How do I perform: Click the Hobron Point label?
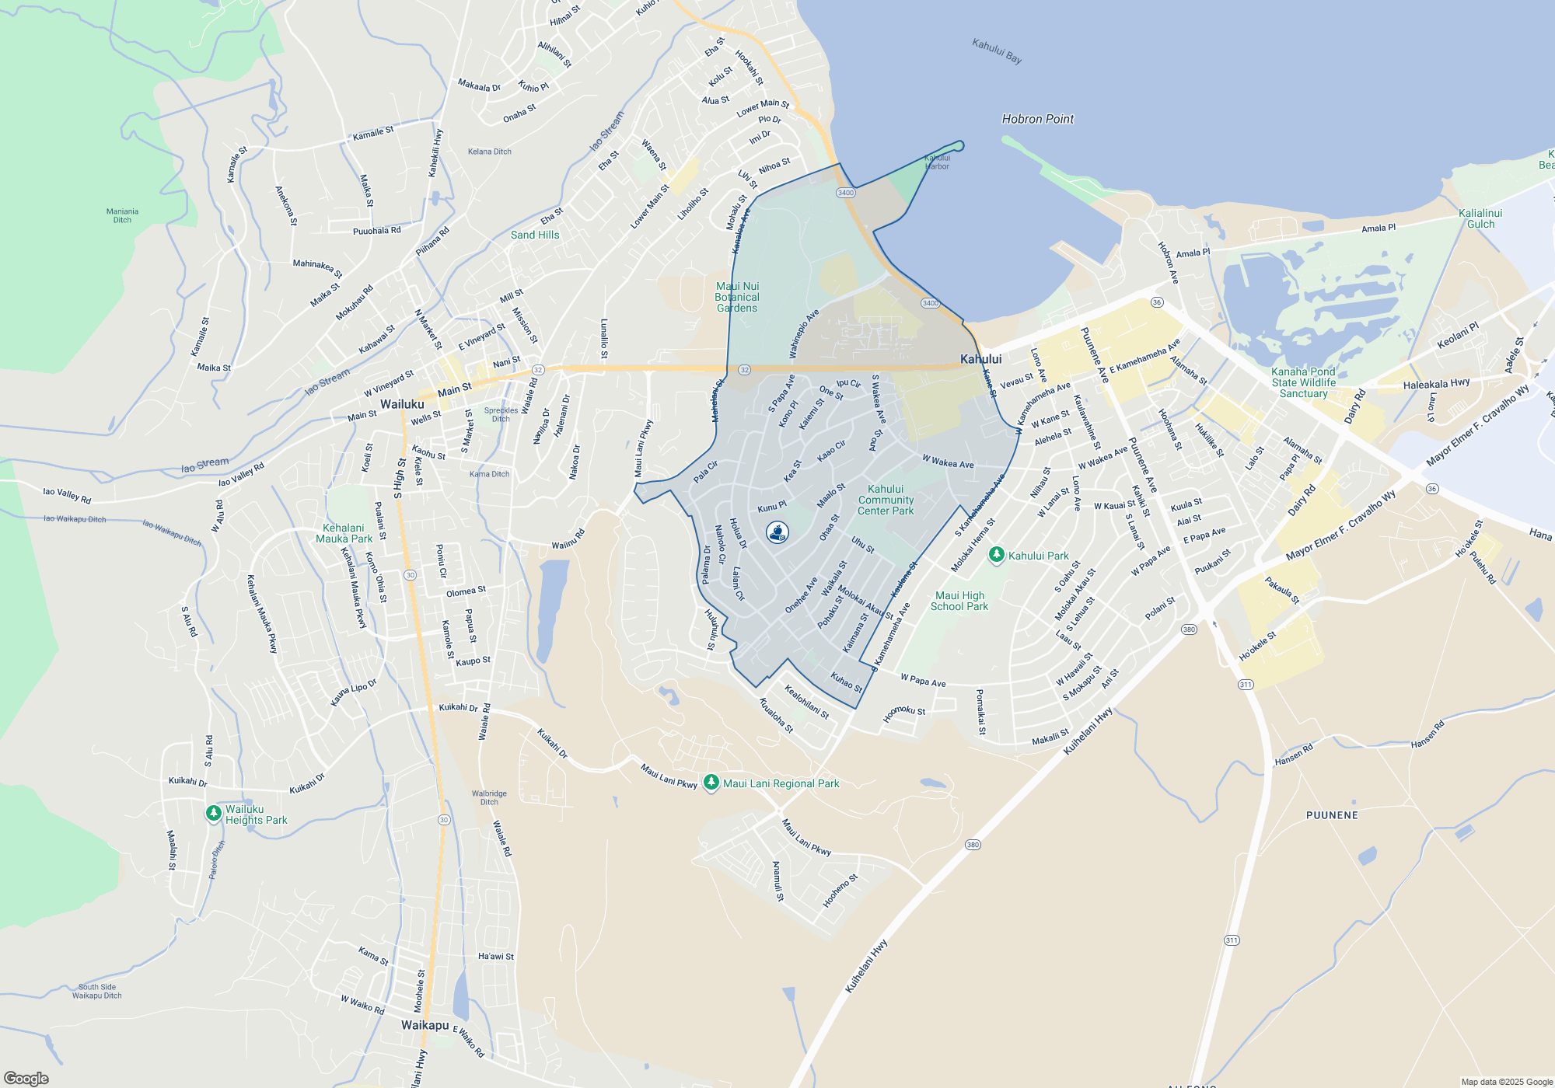point(1037,119)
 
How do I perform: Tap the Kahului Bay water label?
point(997,51)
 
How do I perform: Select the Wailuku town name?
point(402,404)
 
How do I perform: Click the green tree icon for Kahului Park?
point(996,555)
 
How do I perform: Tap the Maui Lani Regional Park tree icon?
point(711,783)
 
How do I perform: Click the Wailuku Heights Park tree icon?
point(213,813)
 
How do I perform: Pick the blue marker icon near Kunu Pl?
point(777,532)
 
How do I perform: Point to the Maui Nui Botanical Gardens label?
point(737,297)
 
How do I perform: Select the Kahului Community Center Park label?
point(886,500)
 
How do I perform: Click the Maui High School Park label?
point(959,601)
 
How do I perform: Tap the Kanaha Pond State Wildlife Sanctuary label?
point(1304,382)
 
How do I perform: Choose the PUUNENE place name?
point(1332,815)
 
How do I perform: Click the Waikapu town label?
point(425,1025)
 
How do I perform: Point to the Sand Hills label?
point(535,235)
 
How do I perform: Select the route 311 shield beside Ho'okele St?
point(1246,684)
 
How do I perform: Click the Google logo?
point(26,1078)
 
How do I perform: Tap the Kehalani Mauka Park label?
point(344,533)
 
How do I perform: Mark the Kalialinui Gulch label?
point(1480,218)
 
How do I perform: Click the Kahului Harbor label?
point(937,162)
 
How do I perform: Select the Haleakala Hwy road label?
point(1436,384)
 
